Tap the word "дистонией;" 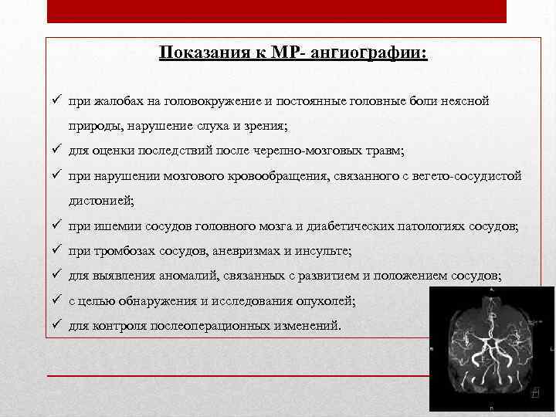(100, 201)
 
